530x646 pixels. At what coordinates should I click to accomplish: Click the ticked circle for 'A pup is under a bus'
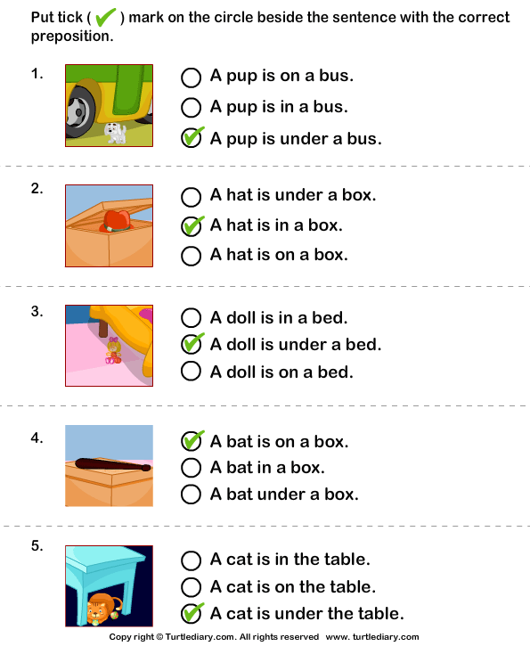191,138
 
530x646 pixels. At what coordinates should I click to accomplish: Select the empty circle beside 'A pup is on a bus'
191,77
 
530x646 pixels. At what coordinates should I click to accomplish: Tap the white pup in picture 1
116,133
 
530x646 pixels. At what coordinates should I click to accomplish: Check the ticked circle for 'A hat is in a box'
191,225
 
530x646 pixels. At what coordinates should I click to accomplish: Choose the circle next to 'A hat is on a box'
191,256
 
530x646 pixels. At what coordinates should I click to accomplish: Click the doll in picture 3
113,350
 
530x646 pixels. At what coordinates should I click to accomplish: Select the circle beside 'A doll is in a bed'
191,317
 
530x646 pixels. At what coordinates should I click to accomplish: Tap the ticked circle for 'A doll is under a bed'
191,344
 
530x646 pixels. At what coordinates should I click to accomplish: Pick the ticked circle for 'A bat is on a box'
191,441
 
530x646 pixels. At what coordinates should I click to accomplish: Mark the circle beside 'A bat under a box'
191,494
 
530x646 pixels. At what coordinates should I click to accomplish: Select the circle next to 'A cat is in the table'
191,560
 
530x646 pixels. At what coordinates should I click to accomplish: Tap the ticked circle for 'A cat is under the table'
191,613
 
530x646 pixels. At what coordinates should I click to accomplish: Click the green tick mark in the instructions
106,17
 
